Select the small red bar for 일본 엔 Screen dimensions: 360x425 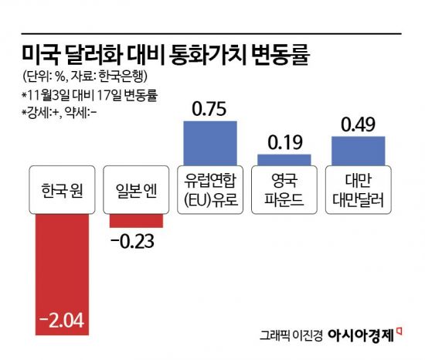[x=136, y=220]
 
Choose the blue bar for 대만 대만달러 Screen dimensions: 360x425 [x=358, y=150]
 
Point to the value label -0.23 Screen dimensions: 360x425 [x=134, y=243]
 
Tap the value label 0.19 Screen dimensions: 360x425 [x=284, y=142]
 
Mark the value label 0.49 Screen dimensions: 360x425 [x=358, y=123]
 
